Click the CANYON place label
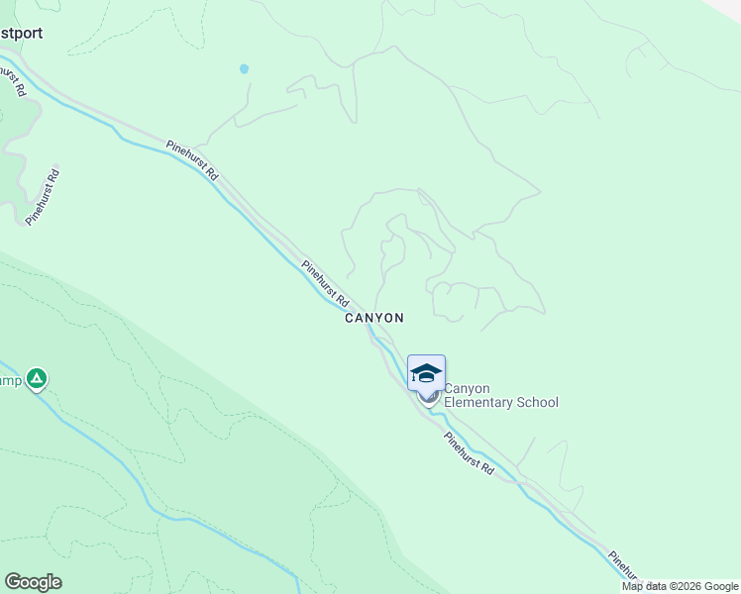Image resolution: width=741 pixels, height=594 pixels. [373, 318]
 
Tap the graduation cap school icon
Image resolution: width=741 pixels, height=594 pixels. [426, 372]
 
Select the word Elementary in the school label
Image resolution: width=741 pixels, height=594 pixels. [477, 403]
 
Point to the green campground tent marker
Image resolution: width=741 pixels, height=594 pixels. [37, 378]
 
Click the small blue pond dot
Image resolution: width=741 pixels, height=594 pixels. [244, 69]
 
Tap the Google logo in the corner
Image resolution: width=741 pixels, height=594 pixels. [33, 582]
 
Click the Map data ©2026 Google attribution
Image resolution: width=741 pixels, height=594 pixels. [681, 586]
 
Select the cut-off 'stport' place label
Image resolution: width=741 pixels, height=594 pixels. [22, 32]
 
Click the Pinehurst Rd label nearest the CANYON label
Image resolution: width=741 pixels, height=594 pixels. [326, 282]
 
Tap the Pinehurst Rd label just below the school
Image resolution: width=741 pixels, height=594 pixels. [469, 453]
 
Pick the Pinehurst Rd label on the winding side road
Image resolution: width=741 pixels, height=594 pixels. [45, 197]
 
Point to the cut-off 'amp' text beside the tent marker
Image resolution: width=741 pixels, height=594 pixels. [9, 381]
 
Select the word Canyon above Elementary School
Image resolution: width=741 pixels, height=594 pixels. [468, 389]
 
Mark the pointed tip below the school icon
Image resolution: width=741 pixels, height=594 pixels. [428, 401]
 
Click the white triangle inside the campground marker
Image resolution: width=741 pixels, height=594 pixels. [37, 377]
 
